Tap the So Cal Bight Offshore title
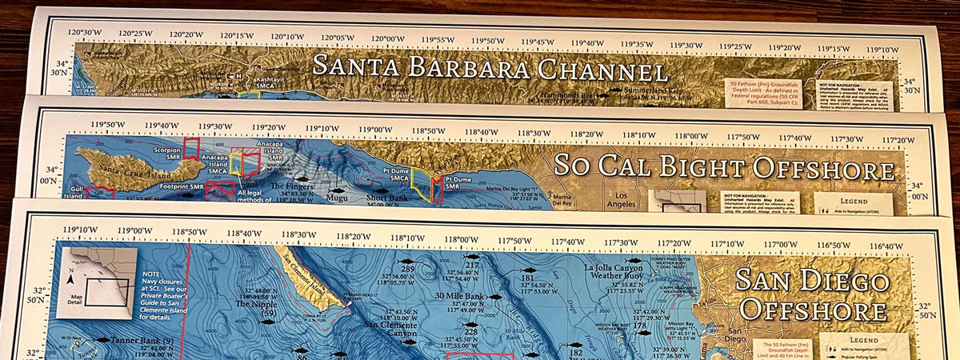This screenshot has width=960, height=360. pyautogui.click(x=724, y=167)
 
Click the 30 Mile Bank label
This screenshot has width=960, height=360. pyautogui.click(x=459, y=296)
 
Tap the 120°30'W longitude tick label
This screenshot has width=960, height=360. pyautogui.click(x=84, y=34)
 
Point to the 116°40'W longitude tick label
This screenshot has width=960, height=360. pyautogui.click(x=886, y=246)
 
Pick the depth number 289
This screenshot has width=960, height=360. pyautogui.click(x=408, y=270)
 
